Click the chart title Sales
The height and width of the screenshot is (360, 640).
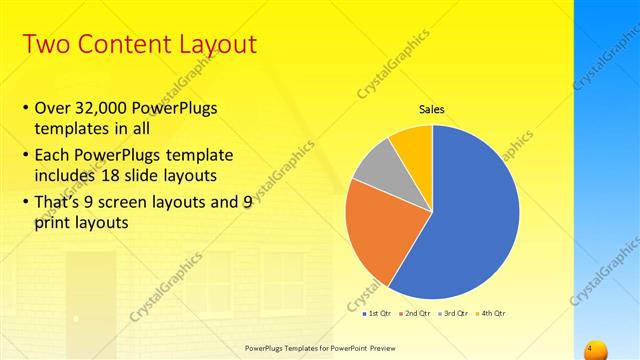[431, 110]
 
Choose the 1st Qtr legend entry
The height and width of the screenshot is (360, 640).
[376, 314]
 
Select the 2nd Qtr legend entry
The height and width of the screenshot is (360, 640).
[414, 314]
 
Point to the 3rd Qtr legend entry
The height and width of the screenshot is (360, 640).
[453, 314]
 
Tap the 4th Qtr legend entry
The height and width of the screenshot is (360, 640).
[490, 314]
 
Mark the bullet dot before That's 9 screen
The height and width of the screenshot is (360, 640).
[25, 200]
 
